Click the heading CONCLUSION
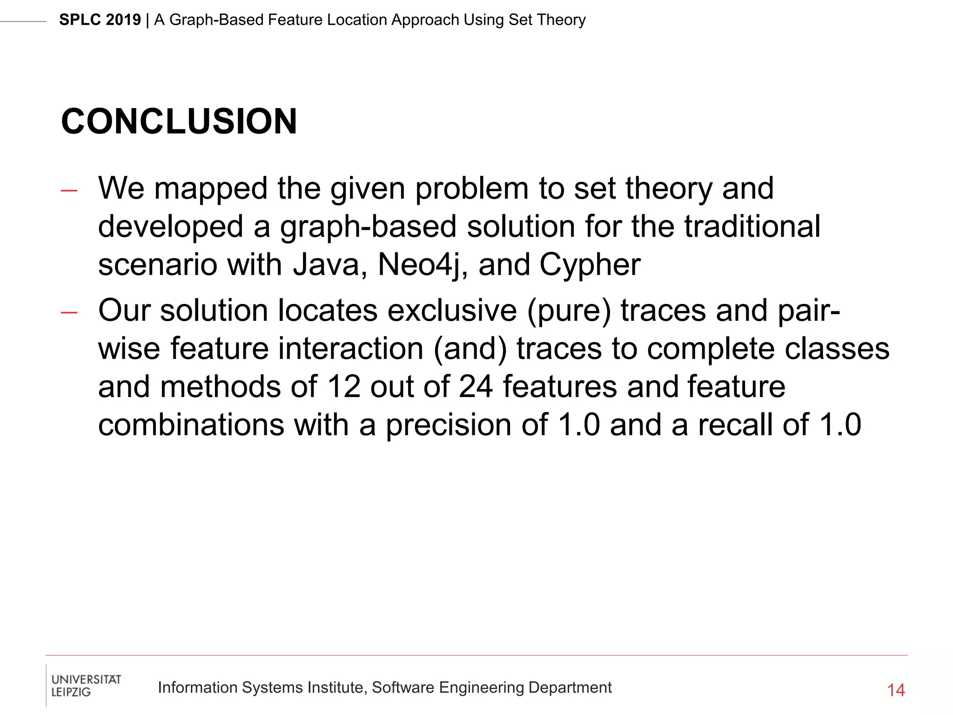[179, 121]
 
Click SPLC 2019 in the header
[100, 20]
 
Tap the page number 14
[896, 690]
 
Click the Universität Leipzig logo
[86, 685]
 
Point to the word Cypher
[590, 265]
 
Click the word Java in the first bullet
[326, 265]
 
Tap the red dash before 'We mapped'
[69, 190]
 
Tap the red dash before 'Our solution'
[69, 313]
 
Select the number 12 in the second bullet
[343, 387]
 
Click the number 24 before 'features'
[475, 387]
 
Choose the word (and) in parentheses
[470, 349]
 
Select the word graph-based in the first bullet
[368, 227]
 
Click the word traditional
[752, 227]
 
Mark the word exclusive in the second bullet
[452, 311]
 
